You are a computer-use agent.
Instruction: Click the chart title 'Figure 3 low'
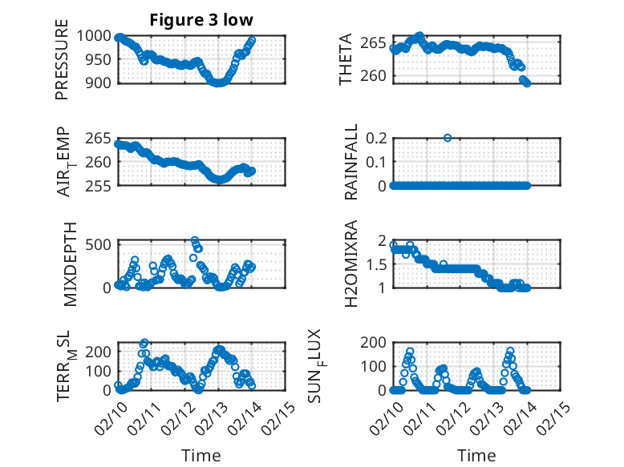(x=201, y=20)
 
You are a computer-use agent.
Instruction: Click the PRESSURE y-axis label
(x=62, y=59)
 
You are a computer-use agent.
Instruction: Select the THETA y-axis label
(x=346, y=59)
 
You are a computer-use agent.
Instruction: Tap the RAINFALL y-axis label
(x=351, y=162)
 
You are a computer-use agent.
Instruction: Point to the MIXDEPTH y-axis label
(x=69, y=264)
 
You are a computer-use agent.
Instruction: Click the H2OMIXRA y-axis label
(x=351, y=264)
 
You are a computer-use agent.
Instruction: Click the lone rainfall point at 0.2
(x=448, y=138)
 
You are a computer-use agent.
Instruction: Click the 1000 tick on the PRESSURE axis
(x=98, y=36)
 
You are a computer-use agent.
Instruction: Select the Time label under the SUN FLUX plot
(x=476, y=455)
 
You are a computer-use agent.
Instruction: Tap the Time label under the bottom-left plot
(x=201, y=455)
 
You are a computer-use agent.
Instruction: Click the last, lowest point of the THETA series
(x=527, y=83)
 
